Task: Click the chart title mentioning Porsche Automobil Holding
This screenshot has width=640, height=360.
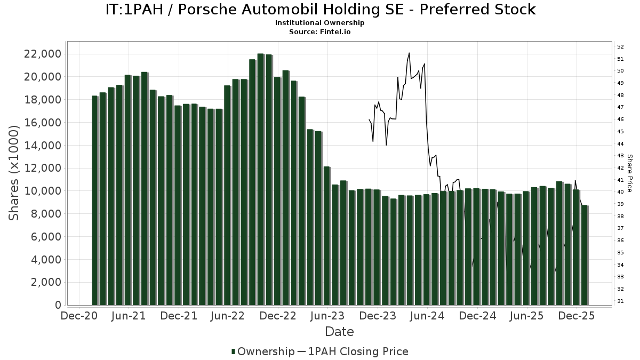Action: (x=320, y=10)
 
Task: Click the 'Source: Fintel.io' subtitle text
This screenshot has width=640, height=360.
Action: (x=320, y=31)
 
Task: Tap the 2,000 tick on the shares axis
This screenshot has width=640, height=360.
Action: (x=45, y=282)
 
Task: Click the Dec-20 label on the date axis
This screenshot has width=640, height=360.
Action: (x=78, y=316)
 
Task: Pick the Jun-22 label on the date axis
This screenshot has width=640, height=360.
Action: (x=228, y=316)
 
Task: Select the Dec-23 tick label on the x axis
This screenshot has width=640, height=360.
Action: (x=377, y=316)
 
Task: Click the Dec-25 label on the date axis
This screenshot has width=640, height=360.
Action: (x=577, y=316)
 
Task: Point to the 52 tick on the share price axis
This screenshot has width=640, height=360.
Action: (x=621, y=46)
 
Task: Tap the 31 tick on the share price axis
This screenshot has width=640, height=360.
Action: (x=621, y=301)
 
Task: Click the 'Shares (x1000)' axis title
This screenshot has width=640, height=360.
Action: (x=15, y=172)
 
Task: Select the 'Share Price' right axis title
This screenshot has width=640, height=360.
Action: (x=629, y=173)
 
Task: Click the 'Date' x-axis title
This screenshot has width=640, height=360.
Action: (x=339, y=332)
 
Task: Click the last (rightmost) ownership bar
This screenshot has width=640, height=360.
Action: (x=585, y=255)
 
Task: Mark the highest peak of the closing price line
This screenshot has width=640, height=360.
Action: (x=409, y=53)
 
